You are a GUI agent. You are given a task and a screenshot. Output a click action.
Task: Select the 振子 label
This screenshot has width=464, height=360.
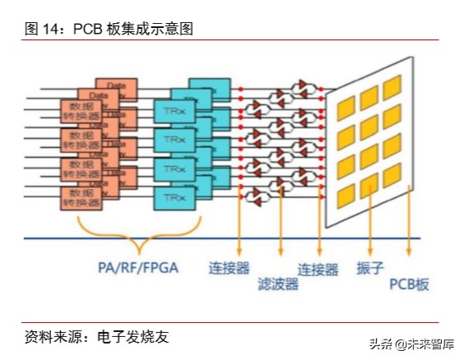pyautogui.click(x=369, y=269)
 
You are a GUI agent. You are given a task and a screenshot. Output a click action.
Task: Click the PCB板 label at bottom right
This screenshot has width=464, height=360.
pyautogui.click(x=409, y=284)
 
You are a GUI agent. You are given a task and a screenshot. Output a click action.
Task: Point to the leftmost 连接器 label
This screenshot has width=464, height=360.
pyautogui.click(x=230, y=269)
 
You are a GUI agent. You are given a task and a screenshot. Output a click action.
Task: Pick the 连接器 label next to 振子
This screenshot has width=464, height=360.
pyautogui.click(x=318, y=269)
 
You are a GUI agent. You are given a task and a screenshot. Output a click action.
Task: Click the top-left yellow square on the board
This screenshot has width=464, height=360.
pyautogui.click(x=346, y=105)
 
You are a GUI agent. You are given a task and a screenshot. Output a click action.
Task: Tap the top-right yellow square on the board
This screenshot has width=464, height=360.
pyautogui.click(x=392, y=85)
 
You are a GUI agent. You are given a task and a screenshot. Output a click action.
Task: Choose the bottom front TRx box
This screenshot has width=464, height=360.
pyautogui.click(x=174, y=198)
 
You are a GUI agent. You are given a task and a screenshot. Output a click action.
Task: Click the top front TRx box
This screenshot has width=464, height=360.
pyautogui.click(x=174, y=109)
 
